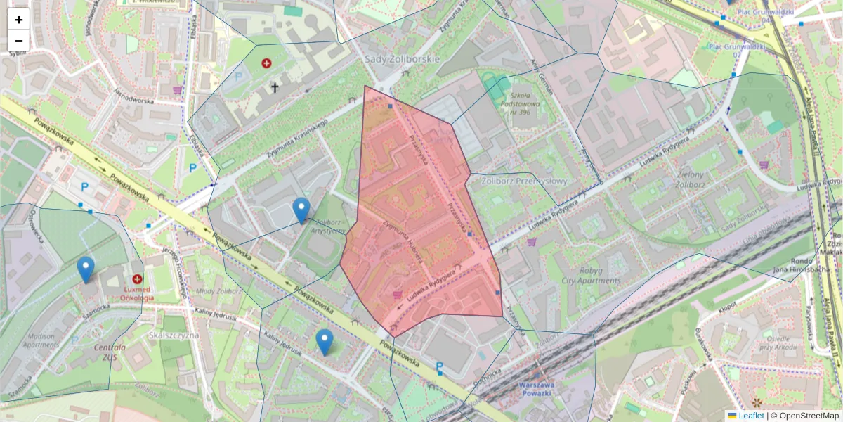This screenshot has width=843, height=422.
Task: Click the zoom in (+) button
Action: [x=19, y=20]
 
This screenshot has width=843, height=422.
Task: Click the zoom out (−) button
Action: [x=19, y=41]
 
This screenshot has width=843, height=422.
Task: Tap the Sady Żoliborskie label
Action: [x=403, y=59]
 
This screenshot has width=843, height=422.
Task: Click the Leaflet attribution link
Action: [x=751, y=416]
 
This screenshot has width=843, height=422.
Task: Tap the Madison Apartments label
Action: [x=41, y=340]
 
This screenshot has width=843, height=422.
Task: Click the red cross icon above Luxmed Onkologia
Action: [x=138, y=279]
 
